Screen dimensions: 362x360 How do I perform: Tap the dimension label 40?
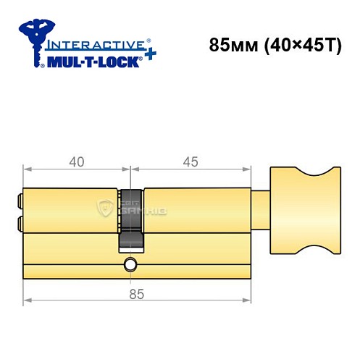tap(75, 162)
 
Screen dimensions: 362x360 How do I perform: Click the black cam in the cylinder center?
tap(131, 217)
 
